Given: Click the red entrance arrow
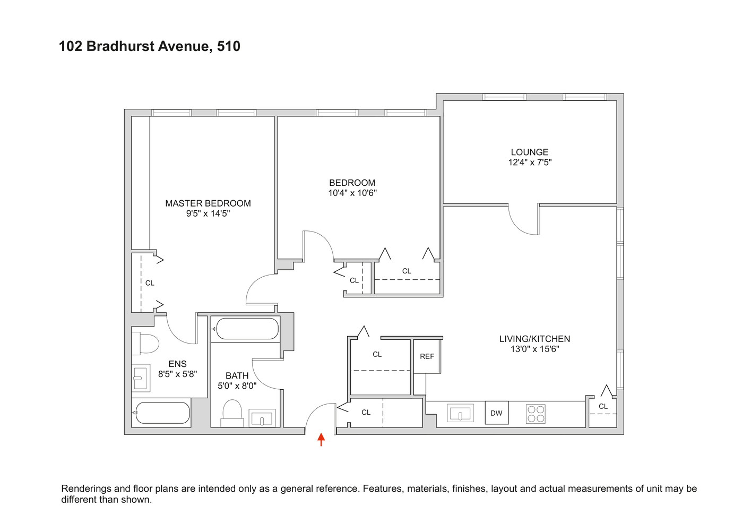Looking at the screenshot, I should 321,440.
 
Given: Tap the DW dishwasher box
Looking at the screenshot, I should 496,413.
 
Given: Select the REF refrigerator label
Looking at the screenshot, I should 427,356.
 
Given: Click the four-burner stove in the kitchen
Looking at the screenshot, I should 536,414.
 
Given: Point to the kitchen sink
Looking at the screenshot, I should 460,413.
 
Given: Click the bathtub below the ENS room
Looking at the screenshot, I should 162,413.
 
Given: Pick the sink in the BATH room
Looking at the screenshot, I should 262,418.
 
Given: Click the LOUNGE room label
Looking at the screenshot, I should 530,152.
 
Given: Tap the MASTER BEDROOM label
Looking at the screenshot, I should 208,203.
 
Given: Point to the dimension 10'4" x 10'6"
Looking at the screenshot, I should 352,193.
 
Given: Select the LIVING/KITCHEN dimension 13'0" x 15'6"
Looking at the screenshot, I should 534,349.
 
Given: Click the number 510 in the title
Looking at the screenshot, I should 229,46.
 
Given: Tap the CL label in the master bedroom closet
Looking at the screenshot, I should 150,283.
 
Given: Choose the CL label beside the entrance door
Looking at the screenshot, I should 366,412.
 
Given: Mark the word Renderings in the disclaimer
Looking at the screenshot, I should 85,489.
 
